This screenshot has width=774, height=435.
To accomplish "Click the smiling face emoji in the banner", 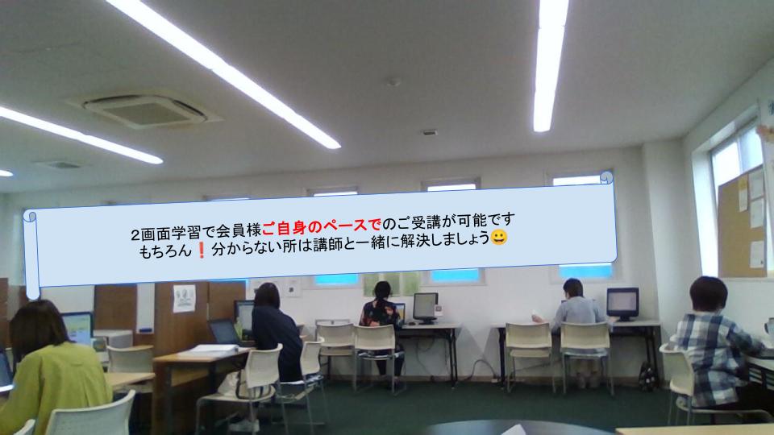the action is tap(498, 237).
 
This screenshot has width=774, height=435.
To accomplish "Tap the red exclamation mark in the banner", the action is tap(201, 251).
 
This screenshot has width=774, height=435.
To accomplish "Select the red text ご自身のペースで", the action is tap(322, 226).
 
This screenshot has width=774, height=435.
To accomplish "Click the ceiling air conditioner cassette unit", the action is tap(144, 110).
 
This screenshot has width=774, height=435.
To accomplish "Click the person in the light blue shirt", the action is tap(576, 316).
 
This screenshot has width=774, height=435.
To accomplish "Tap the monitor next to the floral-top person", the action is tap(425, 308).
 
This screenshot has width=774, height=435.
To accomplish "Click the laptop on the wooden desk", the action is tap(225, 333).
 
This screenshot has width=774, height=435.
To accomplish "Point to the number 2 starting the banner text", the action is tap(135, 234).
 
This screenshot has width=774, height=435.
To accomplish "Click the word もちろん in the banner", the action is tap(164, 251).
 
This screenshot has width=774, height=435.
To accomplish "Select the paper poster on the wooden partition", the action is tap(184, 298).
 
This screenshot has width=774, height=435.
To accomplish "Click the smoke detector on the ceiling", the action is tap(393, 82).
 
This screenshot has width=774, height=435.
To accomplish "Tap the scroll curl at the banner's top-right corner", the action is tap(606, 177).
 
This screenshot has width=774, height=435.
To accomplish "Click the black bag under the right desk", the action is tap(647, 377).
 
